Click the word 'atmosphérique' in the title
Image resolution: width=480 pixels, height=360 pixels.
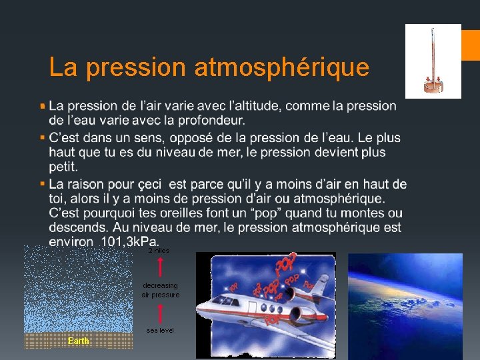281,67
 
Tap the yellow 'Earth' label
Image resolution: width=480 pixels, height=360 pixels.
78,341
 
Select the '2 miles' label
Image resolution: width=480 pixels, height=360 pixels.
159,251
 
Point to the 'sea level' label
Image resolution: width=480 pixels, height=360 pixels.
160,331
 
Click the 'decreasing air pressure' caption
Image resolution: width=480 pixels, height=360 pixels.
160,290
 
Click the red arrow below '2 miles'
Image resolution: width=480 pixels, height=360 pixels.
160,267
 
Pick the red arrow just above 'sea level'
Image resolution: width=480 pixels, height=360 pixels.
160,313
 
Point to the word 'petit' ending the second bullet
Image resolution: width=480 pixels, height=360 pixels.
63,167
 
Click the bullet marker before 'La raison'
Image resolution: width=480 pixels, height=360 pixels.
43,183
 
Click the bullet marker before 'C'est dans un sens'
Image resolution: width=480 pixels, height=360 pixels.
43,137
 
